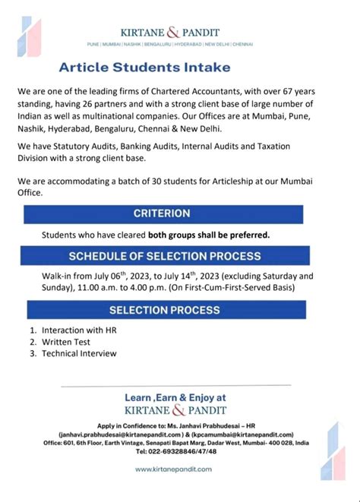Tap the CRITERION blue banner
point(162,213)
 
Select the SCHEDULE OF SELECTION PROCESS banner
point(165,256)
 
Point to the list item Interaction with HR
point(69,331)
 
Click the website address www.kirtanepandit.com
point(174,469)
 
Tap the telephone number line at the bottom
point(175,450)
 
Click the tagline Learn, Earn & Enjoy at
point(175,397)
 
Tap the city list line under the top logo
point(180,45)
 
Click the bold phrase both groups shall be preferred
point(208,235)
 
